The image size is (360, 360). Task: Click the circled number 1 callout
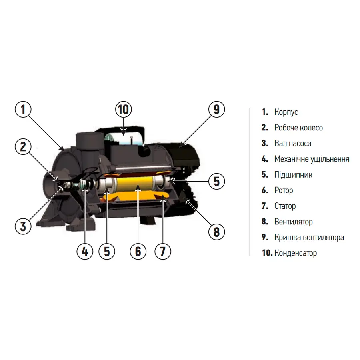(23, 109)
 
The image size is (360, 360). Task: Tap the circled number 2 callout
(23, 147)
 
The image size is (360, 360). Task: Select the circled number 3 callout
(23, 226)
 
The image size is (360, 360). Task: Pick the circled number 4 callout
(85, 252)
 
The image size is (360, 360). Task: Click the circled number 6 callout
(138, 252)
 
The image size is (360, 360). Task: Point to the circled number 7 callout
(163, 252)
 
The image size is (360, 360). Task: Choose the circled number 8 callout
(216, 232)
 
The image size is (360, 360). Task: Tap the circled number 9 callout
(216, 109)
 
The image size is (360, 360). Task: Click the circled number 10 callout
(124, 109)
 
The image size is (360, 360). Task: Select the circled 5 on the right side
(216, 181)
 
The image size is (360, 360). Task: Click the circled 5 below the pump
(107, 252)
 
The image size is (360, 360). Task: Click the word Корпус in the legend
(286, 112)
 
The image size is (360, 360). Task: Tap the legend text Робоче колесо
(298, 128)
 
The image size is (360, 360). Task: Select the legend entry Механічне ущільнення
(312, 159)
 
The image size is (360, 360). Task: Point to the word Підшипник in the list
(293, 175)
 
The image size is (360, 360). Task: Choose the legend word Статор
(285, 206)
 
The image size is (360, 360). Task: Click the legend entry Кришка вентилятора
(309, 237)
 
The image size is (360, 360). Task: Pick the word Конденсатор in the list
(296, 253)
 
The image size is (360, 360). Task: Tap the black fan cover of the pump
(184, 154)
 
